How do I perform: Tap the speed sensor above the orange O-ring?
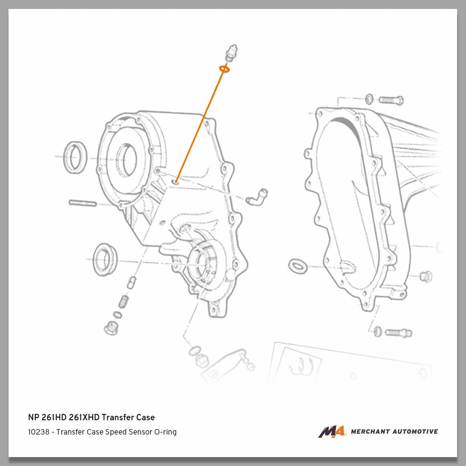(x=231, y=53)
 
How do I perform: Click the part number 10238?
(x=39, y=432)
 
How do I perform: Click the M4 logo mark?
(x=332, y=432)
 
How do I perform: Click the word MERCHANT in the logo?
(x=370, y=432)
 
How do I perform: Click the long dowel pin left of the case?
(x=83, y=203)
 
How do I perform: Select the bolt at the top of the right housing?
(x=391, y=100)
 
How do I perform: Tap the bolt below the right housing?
(x=398, y=333)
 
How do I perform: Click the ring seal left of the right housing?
(x=297, y=266)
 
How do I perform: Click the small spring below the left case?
(x=123, y=302)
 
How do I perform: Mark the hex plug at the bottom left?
(x=111, y=328)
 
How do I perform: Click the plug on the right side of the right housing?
(x=426, y=277)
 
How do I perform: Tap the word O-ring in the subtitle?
(x=165, y=432)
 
